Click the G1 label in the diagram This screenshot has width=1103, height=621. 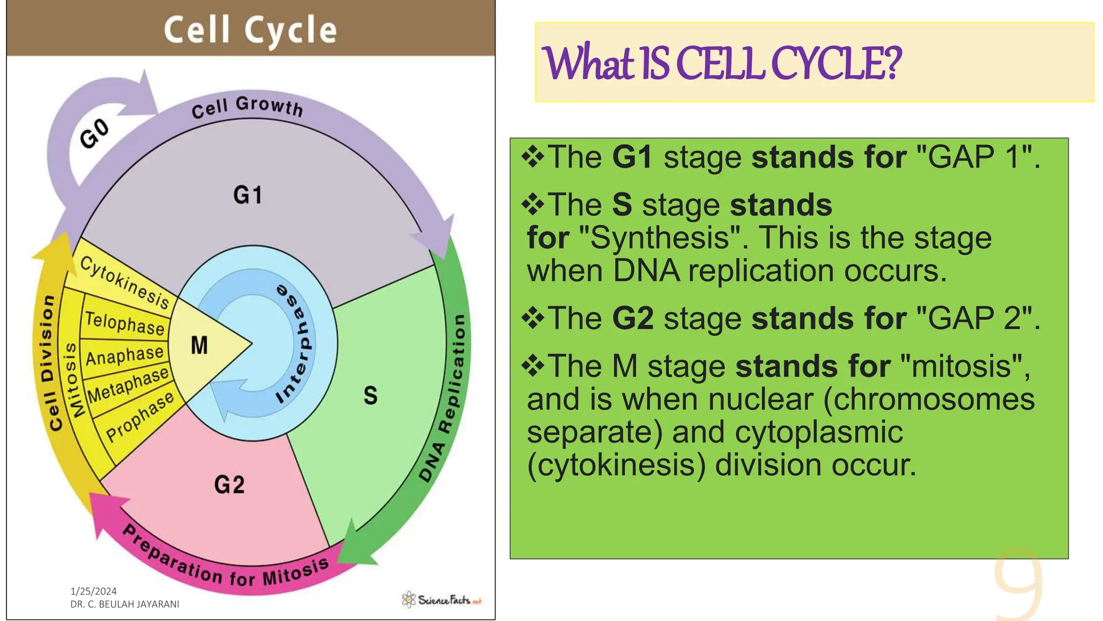click(247, 195)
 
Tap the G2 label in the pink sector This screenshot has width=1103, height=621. click(229, 485)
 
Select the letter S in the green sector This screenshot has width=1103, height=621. click(371, 395)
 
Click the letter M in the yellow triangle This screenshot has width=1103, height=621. click(199, 345)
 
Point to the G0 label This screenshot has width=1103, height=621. click(95, 133)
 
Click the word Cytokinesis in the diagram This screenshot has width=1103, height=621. click(125, 282)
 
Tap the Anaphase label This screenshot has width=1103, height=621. click(124, 356)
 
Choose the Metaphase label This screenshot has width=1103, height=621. click(128, 385)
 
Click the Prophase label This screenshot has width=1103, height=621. click(140, 416)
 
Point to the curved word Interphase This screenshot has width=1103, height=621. click(297, 345)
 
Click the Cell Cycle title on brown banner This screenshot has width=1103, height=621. click(250, 30)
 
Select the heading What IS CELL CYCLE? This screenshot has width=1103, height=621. click(722, 64)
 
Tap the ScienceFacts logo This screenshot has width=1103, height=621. click(441, 599)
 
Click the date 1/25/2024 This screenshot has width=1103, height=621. click(93, 591)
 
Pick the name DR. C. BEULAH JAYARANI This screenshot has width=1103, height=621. click(124, 604)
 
